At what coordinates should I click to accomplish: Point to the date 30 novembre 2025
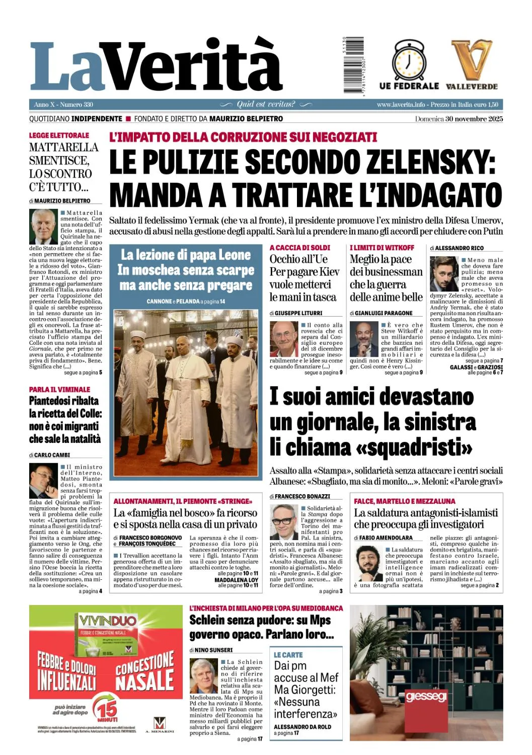click(x=474, y=119)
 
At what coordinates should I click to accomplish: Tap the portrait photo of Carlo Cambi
click(x=43, y=481)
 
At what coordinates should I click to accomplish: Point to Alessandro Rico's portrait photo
click(x=444, y=274)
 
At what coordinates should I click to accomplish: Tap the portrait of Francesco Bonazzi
click(x=284, y=522)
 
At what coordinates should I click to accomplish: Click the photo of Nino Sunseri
click(x=204, y=675)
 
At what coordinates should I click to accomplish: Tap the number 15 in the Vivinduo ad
click(x=107, y=710)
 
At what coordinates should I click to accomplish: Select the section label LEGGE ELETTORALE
click(x=59, y=135)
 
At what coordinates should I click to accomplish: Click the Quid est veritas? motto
click(x=266, y=105)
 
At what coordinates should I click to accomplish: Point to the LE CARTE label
click(x=288, y=655)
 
